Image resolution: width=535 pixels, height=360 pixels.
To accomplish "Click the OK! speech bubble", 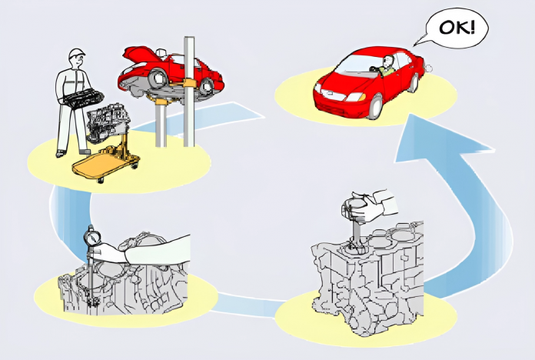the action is click(x=456, y=28).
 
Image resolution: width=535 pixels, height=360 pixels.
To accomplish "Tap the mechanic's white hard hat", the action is click(x=76, y=54).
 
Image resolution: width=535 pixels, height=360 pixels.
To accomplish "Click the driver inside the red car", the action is click(x=387, y=66).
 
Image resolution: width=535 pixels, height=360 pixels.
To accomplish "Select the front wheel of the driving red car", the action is click(x=375, y=106).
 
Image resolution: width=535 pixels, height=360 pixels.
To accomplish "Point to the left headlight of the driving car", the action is click(x=357, y=98).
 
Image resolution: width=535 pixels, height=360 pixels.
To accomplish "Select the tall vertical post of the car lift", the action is click(x=189, y=92).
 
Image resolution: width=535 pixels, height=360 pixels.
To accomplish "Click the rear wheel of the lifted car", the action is click(x=207, y=86).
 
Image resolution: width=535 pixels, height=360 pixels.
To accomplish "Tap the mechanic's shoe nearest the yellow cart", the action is click(x=85, y=152).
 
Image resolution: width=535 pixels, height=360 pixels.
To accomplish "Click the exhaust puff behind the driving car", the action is click(x=427, y=68).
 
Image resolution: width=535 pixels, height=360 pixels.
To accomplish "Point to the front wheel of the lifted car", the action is click(x=158, y=78).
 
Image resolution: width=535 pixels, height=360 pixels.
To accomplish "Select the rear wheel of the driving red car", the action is click(x=414, y=84).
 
